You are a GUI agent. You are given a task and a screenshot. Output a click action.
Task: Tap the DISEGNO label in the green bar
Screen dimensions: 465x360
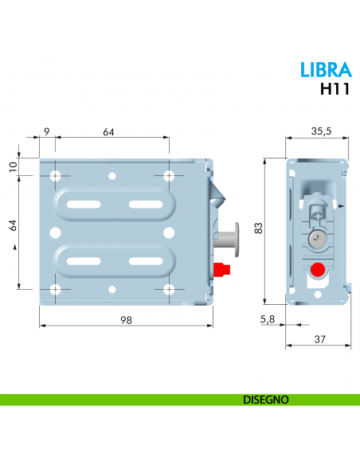(x=265, y=399)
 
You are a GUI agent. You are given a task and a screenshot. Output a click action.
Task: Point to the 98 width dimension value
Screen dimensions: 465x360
(x=126, y=319)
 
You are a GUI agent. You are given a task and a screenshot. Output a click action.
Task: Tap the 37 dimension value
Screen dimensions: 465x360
(x=319, y=339)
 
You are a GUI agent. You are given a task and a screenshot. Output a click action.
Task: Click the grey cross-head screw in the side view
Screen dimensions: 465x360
(x=317, y=239)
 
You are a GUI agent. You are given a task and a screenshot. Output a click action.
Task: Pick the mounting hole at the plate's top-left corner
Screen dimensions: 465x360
(x=55, y=175)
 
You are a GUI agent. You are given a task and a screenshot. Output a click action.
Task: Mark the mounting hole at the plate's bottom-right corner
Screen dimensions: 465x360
(x=168, y=289)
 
